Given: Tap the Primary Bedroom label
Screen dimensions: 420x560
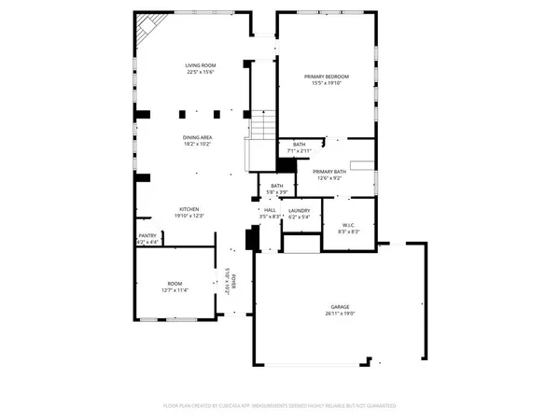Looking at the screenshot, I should pyautogui.click(x=327, y=76).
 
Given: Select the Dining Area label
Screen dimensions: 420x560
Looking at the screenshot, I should pyautogui.click(x=197, y=138).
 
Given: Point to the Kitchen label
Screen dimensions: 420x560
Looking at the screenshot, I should pyautogui.click(x=189, y=208).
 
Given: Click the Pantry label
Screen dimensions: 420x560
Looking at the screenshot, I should pyautogui.click(x=147, y=235).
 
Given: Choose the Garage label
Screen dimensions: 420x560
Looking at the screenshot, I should pyautogui.click(x=339, y=307).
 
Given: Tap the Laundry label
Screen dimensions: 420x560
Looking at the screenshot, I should pyautogui.click(x=299, y=210).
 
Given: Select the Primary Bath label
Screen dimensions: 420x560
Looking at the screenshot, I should pyautogui.click(x=329, y=172).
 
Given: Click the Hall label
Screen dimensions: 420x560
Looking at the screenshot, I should pyautogui.click(x=270, y=210).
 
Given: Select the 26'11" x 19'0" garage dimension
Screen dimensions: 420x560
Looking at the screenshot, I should pyautogui.click(x=339, y=315).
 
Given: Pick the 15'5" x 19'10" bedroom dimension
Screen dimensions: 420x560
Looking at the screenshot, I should pyautogui.click(x=327, y=82).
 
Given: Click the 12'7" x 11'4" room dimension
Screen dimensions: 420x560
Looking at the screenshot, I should pyautogui.click(x=175, y=290).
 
